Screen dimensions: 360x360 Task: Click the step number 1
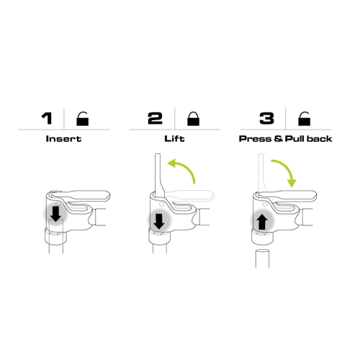coord(48,118)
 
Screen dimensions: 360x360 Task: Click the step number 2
coord(156,118)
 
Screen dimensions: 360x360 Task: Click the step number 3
coord(267,118)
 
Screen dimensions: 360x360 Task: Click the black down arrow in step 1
coord(56,215)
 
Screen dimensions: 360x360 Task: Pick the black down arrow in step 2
coord(158,220)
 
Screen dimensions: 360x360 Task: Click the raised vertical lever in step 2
coord(156,173)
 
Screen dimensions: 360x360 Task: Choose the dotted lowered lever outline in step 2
coord(191,194)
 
